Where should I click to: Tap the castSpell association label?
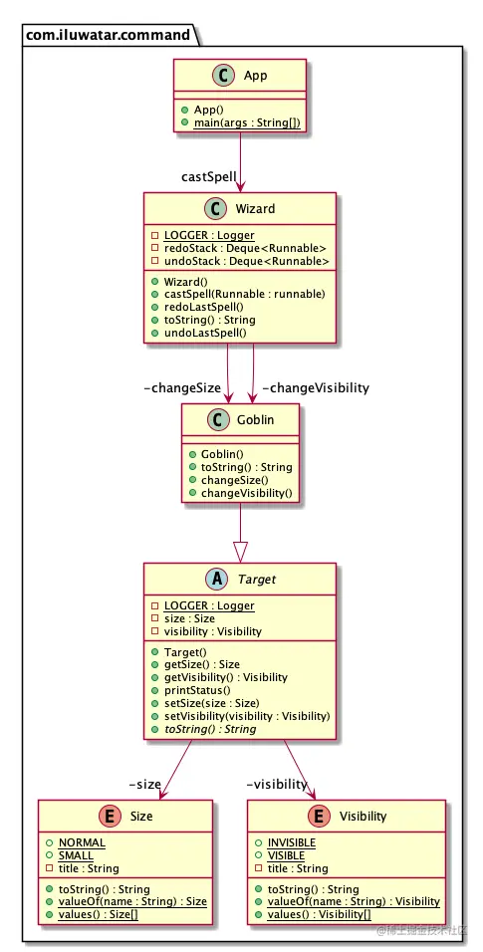tap(208, 177)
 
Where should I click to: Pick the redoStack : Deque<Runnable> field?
tap(246, 248)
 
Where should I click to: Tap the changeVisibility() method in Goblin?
tap(247, 493)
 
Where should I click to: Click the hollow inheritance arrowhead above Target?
tap(240, 549)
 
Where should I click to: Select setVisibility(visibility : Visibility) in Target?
tap(245, 716)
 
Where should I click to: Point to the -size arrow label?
tap(144, 784)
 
